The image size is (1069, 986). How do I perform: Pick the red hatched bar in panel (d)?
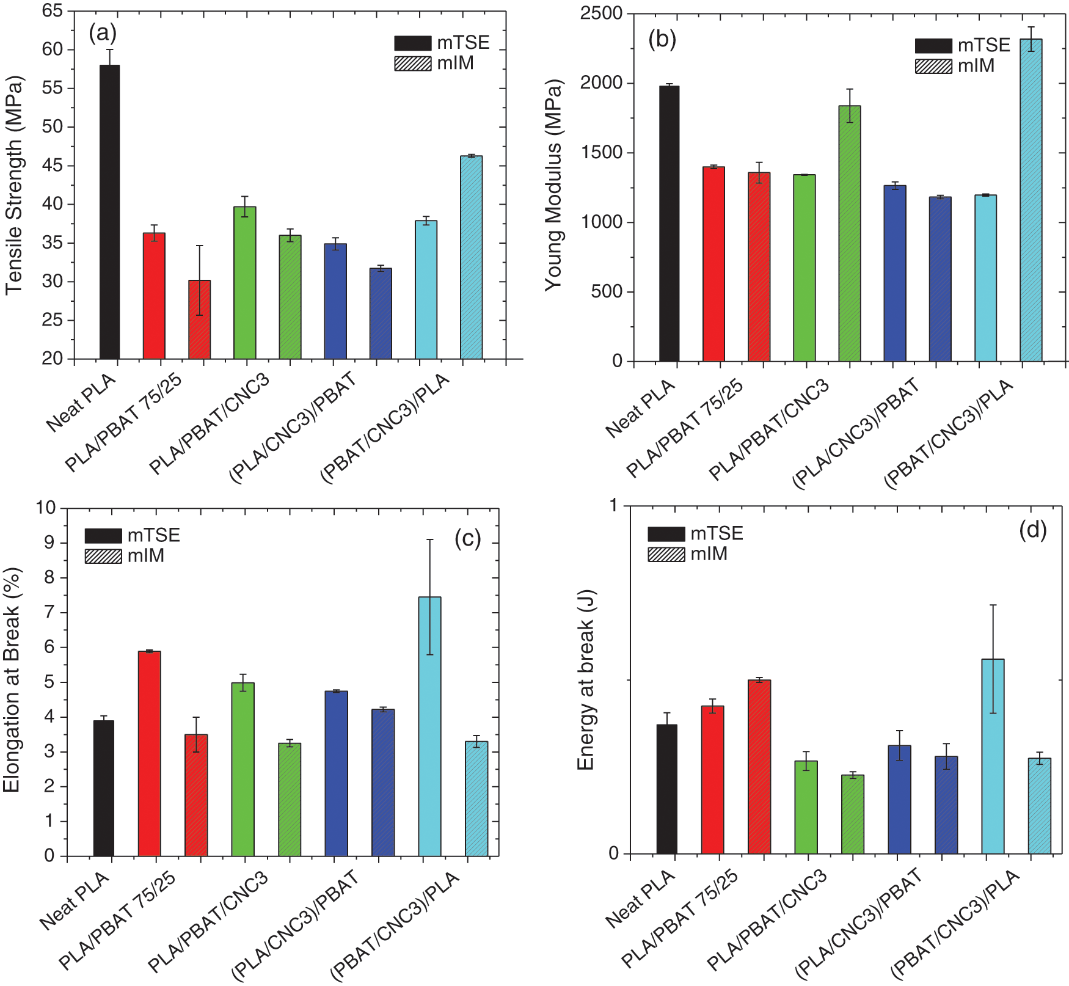759,766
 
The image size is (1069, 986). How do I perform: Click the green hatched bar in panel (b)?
849,233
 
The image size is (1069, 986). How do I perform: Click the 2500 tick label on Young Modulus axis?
601,13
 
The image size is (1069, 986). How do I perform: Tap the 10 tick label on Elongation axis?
45,507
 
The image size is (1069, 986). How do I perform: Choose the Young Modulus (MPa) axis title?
553,185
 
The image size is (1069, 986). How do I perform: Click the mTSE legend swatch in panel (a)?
412,43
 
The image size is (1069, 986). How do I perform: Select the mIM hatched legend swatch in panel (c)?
103,556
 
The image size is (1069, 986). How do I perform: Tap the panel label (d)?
1032,529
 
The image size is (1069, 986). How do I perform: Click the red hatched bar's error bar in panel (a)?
199,280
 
